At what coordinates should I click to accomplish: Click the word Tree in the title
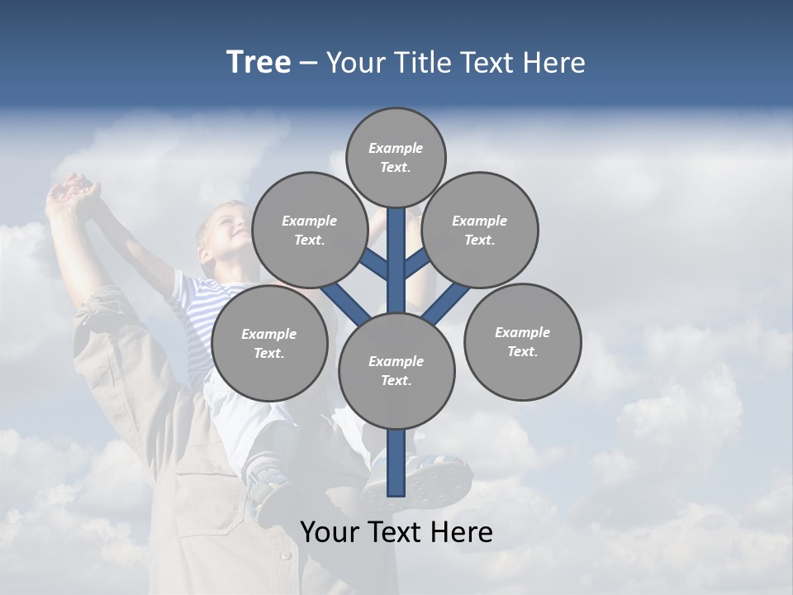[259, 63]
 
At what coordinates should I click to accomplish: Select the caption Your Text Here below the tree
[396, 532]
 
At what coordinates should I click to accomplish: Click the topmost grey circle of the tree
[396, 157]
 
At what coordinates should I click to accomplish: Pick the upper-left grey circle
[310, 230]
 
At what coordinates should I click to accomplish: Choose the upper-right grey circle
[480, 230]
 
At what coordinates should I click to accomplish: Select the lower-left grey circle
[269, 343]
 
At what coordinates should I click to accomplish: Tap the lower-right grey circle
[522, 341]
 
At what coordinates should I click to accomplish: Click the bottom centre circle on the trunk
[396, 370]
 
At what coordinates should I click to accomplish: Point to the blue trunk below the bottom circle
[396, 463]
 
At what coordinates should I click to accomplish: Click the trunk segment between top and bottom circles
[396, 260]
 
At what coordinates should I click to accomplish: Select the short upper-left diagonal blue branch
[376, 264]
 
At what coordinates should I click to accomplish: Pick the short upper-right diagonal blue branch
[416, 263]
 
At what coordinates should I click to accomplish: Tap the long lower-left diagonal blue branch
[345, 302]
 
